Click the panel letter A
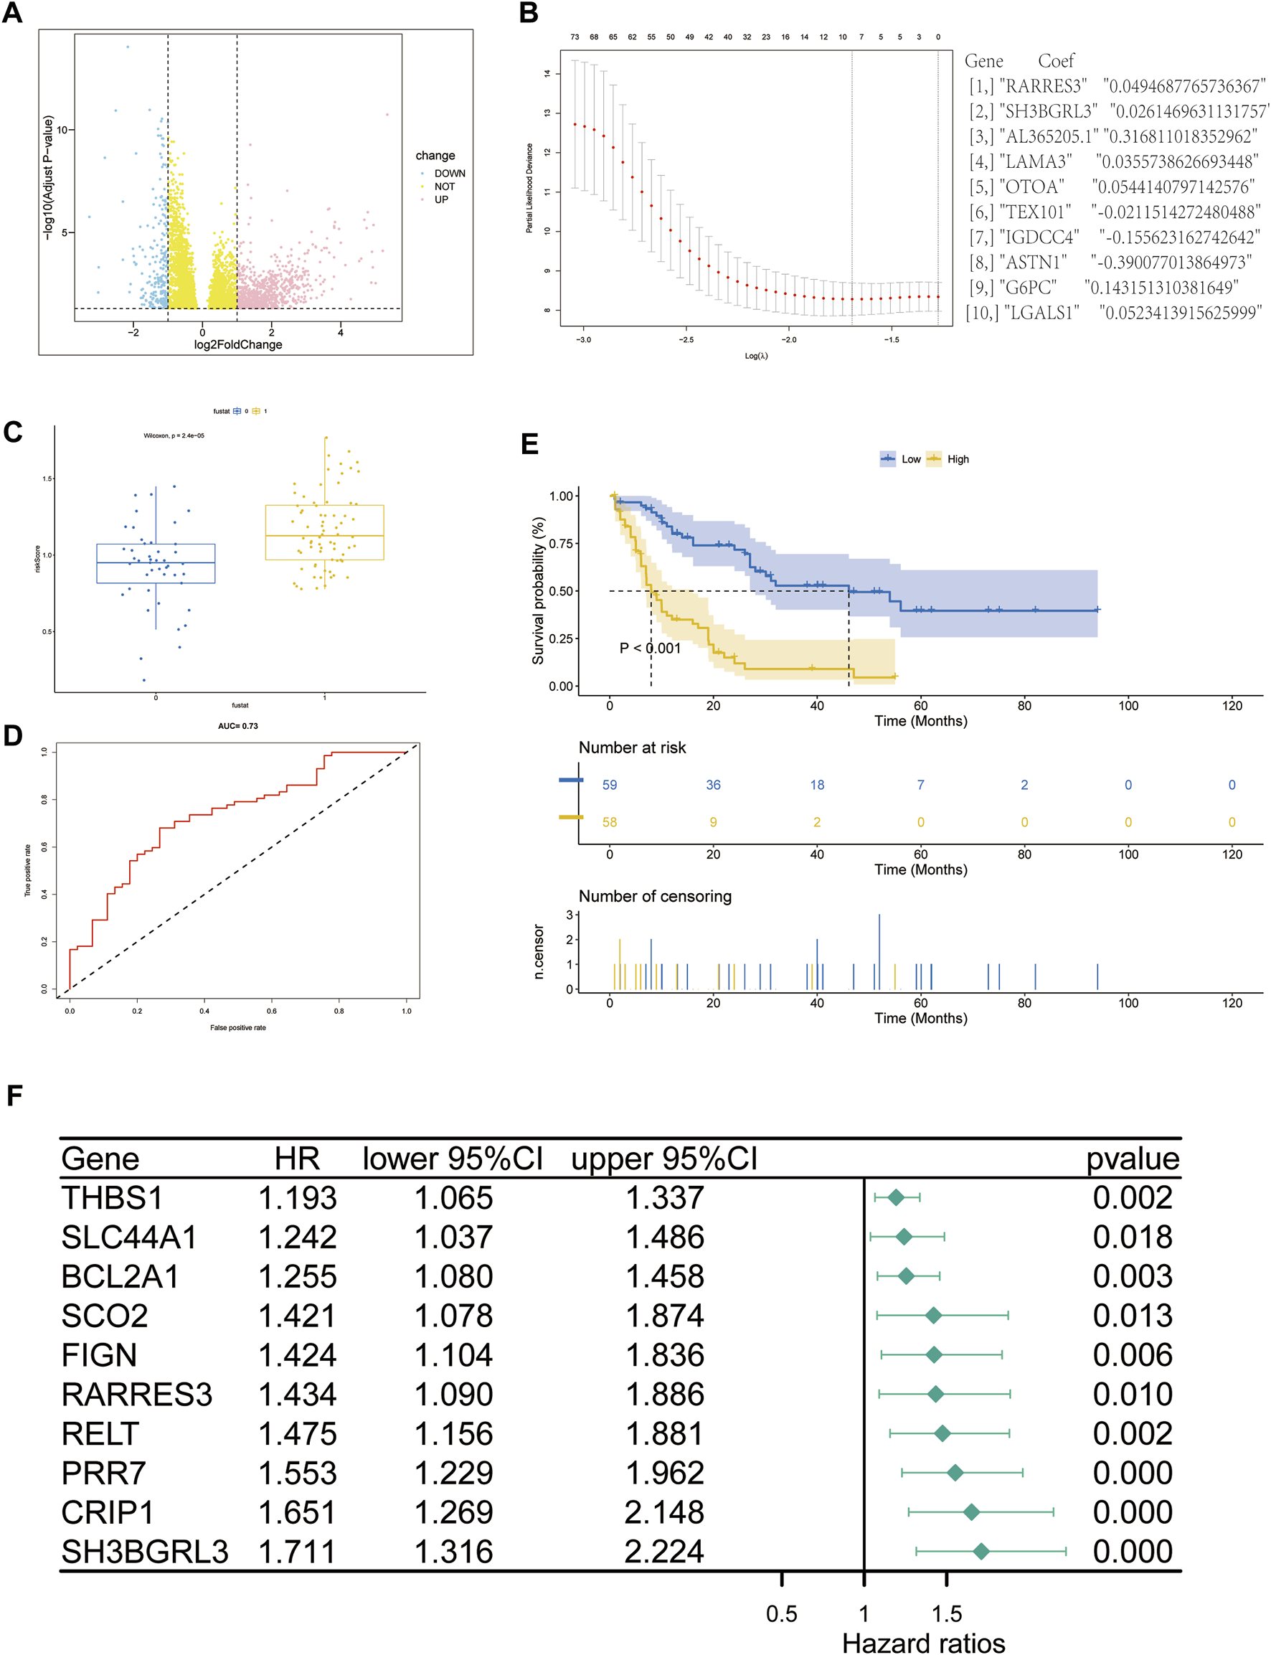(12, 13)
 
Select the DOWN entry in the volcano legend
(448, 174)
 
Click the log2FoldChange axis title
(237, 344)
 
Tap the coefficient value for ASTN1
(1170, 262)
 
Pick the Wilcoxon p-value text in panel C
(174, 436)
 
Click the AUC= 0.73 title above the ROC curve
(237, 726)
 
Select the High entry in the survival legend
(957, 459)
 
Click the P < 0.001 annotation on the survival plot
(650, 649)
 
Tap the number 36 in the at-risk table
(713, 785)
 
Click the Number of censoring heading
(654, 896)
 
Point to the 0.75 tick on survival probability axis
(561, 543)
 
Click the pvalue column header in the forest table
(1132, 1159)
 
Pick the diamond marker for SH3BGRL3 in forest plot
(981, 1551)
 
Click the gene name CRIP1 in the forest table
(107, 1512)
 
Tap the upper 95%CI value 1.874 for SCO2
(663, 1315)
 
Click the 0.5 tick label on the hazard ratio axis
(781, 1613)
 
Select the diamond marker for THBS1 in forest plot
(896, 1197)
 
